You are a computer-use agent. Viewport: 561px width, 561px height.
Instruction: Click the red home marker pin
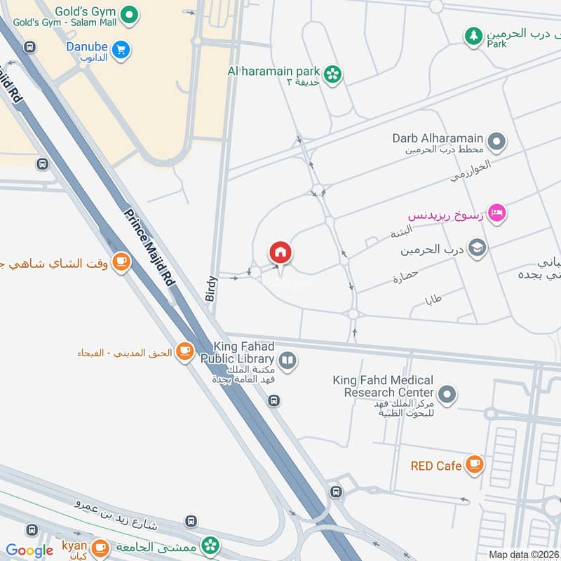[280, 252]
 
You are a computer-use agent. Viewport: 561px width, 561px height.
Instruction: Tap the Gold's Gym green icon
[128, 13]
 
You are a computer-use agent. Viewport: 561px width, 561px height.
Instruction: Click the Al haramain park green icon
[332, 72]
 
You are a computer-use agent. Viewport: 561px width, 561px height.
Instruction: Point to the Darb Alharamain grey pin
[496, 142]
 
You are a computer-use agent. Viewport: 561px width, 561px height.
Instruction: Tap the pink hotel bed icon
[496, 212]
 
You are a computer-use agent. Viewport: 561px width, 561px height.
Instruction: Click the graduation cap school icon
[478, 248]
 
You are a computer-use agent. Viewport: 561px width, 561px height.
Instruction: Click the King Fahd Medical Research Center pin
[447, 395]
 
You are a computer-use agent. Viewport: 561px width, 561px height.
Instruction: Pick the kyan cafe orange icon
[100, 546]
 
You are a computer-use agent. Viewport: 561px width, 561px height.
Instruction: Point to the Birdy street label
[212, 288]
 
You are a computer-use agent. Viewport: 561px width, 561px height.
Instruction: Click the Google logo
[29, 550]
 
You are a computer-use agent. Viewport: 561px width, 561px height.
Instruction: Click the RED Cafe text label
[436, 466]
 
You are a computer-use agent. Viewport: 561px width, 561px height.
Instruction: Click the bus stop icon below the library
[274, 401]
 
